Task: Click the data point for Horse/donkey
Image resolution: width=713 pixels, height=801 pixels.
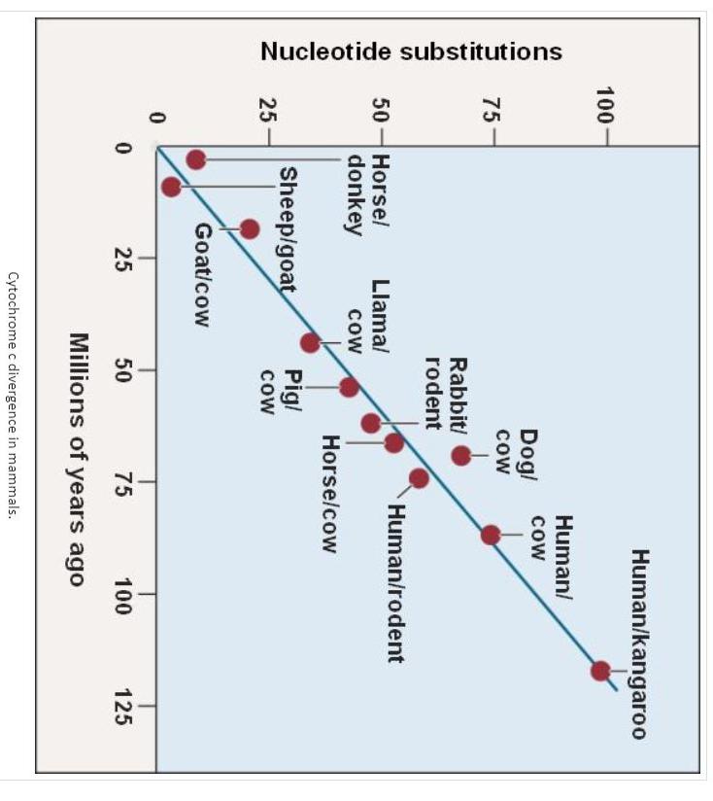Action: point(195,159)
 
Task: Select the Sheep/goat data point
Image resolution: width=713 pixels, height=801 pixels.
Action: point(171,187)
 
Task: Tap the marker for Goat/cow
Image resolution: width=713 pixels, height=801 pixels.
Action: point(250,229)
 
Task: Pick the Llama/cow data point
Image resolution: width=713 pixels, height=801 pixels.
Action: point(311,343)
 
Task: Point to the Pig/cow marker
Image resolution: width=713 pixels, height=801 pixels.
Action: point(349,387)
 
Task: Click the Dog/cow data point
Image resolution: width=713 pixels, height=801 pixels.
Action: point(461,455)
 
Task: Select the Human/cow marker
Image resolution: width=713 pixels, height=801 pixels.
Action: point(491,535)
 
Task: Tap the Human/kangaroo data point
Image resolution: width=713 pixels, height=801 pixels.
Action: point(600,671)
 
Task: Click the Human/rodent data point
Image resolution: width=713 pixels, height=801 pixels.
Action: point(419,478)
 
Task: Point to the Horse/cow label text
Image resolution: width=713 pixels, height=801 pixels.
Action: point(330,494)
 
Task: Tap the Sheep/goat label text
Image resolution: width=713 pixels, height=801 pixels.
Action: point(288,229)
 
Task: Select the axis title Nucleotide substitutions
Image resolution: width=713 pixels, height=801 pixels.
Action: point(411,52)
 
